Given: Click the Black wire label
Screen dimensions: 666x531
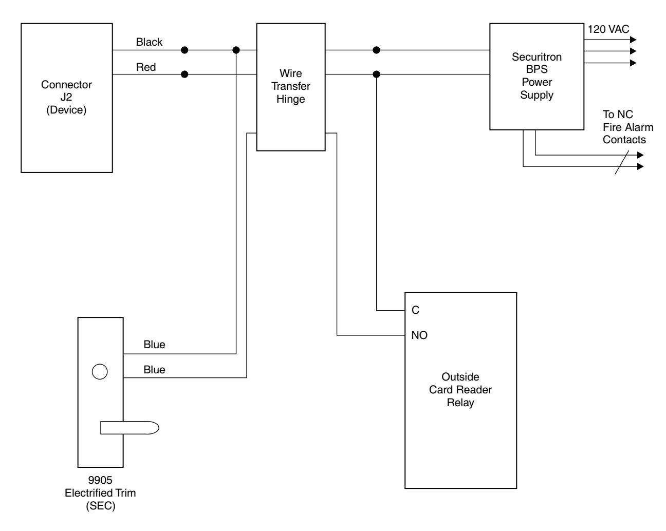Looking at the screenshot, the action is pos(149,42).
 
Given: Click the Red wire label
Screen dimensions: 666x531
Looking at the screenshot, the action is pos(146,67).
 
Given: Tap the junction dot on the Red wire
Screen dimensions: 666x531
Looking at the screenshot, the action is pos(184,74).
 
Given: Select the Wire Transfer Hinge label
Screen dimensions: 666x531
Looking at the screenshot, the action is pos(290,86).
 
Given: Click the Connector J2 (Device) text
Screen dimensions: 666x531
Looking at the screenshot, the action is pos(66,97).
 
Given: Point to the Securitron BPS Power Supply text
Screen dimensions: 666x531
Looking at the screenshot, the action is pos(536,76).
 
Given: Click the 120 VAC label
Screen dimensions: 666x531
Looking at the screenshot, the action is pos(608,29).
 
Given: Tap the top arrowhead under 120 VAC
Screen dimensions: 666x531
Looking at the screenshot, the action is pos(633,40).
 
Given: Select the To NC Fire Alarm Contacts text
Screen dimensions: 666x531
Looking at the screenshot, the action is pos(628,127).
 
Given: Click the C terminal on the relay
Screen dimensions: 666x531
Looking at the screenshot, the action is pos(415,310).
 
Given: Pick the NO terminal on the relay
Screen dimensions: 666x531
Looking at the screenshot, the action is pos(419,335).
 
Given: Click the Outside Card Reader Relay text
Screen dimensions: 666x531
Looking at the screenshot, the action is pos(460,390).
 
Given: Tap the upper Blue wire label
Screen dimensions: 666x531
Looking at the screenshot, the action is pos(154,345).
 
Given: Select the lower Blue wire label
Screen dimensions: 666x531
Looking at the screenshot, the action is pos(154,370).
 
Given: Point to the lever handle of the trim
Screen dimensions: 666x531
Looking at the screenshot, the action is pos(129,428).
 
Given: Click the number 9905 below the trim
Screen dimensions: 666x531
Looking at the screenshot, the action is pos(100,480).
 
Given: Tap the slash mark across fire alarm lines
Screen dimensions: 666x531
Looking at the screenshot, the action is pos(621,162).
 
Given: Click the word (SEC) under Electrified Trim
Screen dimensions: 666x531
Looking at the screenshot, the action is pos(101,506).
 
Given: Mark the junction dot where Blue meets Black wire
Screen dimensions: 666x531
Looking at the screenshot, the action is pos(236,50).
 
